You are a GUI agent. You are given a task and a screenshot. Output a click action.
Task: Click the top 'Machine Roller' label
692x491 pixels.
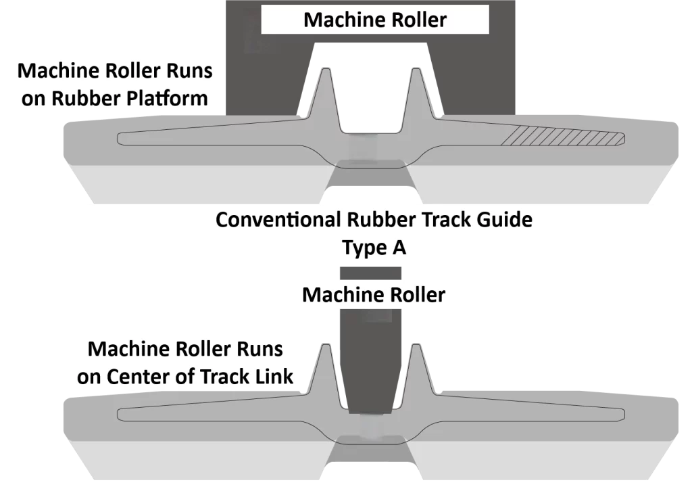coord(374,20)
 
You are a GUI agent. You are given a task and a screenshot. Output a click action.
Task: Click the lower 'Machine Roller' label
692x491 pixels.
coord(373,295)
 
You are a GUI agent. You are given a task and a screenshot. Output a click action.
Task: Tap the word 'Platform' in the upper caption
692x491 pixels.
coord(167,98)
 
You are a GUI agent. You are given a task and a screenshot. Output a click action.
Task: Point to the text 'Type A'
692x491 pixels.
coord(374,248)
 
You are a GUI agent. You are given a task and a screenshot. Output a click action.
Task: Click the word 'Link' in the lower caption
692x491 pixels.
coord(277,377)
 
